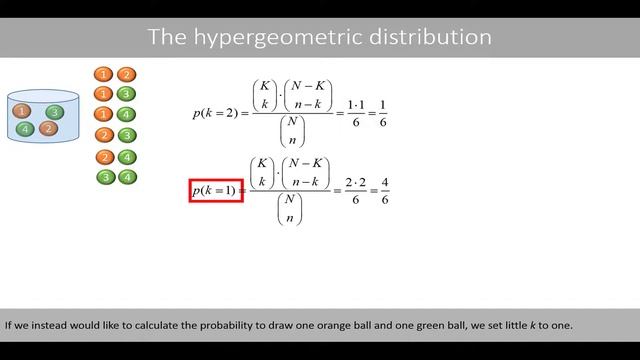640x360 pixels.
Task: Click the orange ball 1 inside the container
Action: (23, 111)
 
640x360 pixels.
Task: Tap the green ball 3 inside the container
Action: (55, 112)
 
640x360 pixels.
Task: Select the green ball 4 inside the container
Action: (26, 128)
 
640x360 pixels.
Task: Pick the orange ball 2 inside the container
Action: (49, 128)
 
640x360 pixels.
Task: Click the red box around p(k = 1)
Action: (216, 190)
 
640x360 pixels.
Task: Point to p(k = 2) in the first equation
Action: (215, 113)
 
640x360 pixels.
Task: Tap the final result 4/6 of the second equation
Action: (385, 190)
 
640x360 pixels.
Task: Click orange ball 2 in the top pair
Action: (126, 74)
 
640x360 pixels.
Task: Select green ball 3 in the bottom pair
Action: (104, 177)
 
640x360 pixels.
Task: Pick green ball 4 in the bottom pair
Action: (126, 177)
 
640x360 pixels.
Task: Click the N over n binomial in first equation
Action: (293, 131)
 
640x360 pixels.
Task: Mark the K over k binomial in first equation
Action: (264, 95)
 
